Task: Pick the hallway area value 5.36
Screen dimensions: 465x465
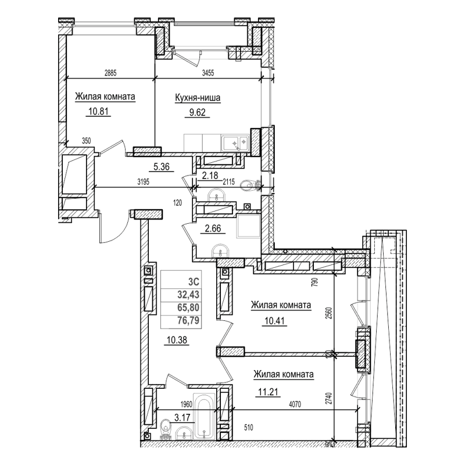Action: pos(160,167)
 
